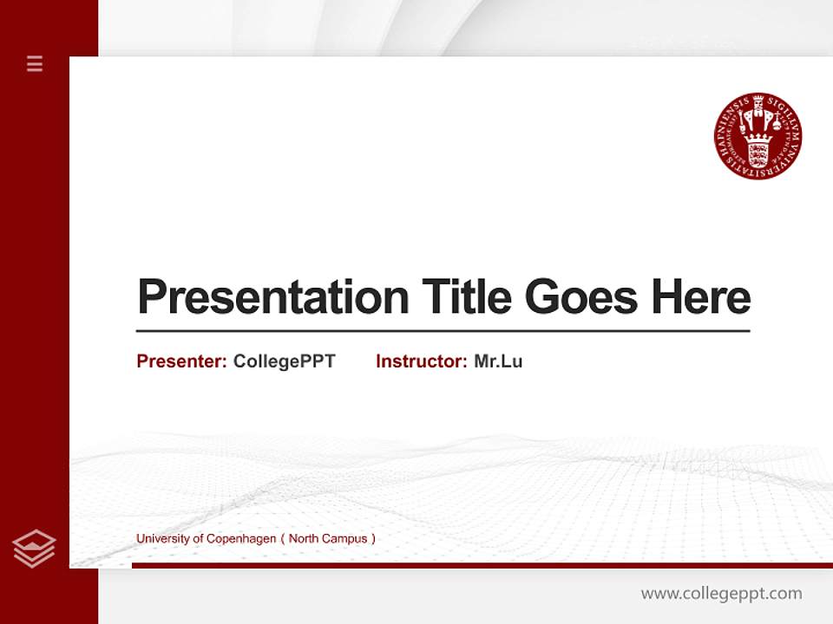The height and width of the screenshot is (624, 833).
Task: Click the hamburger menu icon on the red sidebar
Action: pyautogui.click(x=35, y=63)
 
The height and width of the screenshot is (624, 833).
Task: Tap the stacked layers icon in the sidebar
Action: pyautogui.click(x=34, y=549)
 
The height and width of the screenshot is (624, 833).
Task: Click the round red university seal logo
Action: pyautogui.click(x=758, y=137)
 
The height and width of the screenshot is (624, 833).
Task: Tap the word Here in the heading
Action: pyautogui.click(x=701, y=297)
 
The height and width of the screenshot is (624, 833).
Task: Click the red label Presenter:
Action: pyautogui.click(x=181, y=361)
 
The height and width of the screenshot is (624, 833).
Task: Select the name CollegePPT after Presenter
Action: pyautogui.click(x=284, y=361)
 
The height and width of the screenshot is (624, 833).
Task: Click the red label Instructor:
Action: pyautogui.click(x=421, y=361)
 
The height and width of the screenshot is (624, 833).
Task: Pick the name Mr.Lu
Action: pyautogui.click(x=498, y=361)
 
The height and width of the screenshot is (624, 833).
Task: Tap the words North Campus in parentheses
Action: pyautogui.click(x=328, y=538)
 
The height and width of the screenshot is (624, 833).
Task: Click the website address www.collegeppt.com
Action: pyautogui.click(x=721, y=594)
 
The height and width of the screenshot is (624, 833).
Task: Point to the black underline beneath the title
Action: pyautogui.click(x=443, y=330)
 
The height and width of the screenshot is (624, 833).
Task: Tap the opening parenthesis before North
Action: pyautogui.click(x=283, y=538)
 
